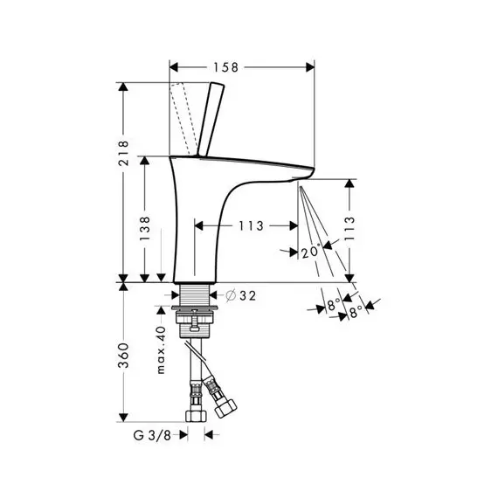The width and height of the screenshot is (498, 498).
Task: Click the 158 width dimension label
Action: point(225,67)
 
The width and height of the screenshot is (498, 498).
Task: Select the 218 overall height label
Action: point(123,153)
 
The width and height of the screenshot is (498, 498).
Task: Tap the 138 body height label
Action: point(144,228)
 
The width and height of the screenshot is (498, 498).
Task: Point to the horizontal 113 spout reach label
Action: point(251,225)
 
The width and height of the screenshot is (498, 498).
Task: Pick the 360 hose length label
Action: point(123,356)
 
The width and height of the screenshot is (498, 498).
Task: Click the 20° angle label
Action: point(309,252)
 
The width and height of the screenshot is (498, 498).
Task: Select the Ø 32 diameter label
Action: point(240,295)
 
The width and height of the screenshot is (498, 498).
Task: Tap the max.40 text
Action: point(162,349)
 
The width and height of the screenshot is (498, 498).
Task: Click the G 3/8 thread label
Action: point(152,435)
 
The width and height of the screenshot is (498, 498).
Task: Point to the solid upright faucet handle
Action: point(211,120)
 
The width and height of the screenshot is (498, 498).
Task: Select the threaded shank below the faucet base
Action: point(194,294)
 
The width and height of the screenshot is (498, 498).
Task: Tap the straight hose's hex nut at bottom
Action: point(196,416)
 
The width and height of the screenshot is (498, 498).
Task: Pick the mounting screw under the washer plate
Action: point(194,321)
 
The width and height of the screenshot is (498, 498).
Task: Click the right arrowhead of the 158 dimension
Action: point(310,67)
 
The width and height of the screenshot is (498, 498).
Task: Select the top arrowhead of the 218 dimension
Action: point(123,86)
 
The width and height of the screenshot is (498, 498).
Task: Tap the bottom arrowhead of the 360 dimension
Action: point(123,418)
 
